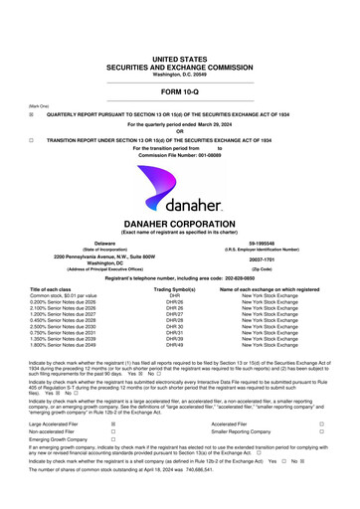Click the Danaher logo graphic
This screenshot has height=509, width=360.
pyautogui.click(x=179, y=178)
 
